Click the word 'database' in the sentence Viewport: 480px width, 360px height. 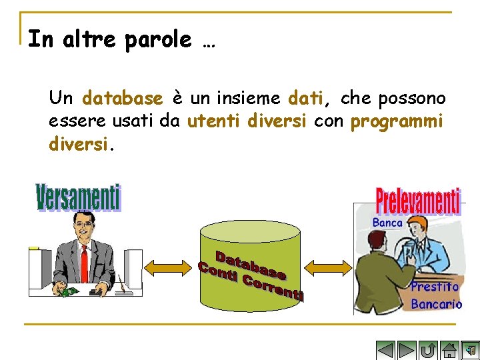122,99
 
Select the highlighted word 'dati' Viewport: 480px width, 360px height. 305,99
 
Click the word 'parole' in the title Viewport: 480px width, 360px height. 158,40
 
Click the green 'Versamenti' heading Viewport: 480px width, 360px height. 78,199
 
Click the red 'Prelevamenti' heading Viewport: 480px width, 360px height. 418,201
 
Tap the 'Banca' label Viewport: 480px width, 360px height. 387,223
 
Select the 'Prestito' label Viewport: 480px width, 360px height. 435,287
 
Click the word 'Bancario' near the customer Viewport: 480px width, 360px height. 436,305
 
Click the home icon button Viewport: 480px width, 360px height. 449,350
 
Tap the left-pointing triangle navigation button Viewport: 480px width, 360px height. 386,350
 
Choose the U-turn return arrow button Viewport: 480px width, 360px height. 428,350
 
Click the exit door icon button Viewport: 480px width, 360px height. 470,350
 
